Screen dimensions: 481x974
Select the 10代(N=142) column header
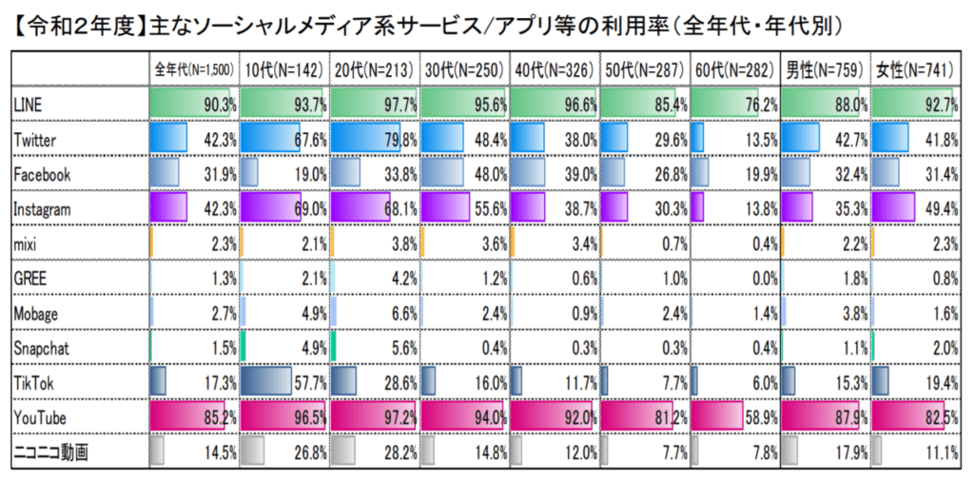pos(283,70)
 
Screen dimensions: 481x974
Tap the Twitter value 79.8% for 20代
pos(401,141)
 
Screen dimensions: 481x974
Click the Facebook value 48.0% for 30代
pos(491,175)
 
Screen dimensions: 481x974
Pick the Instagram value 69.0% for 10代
pos(310,209)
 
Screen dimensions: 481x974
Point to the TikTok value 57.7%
pos(310,383)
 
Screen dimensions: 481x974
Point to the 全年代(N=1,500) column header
pos(194,70)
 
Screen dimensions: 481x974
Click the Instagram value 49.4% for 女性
pos(941,209)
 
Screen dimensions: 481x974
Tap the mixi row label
pos(26,244)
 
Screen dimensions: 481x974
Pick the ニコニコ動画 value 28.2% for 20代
pos(401,452)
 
